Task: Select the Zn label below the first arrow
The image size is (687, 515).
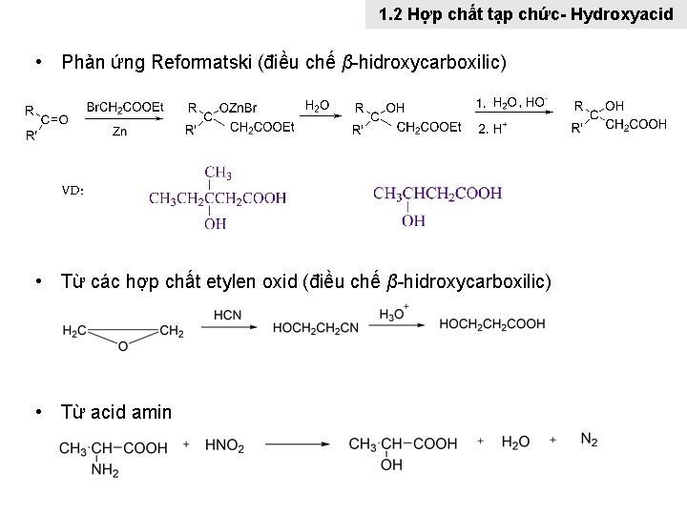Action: click(120, 130)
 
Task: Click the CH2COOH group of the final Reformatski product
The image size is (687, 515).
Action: click(636, 125)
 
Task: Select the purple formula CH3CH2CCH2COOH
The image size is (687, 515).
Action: click(218, 197)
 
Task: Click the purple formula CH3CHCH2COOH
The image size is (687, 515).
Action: click(438, 194)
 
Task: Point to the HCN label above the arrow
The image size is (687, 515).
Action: click(227, 315)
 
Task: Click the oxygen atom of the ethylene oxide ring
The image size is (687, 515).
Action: click(122, 345)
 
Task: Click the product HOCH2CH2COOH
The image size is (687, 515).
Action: click(492, 324)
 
